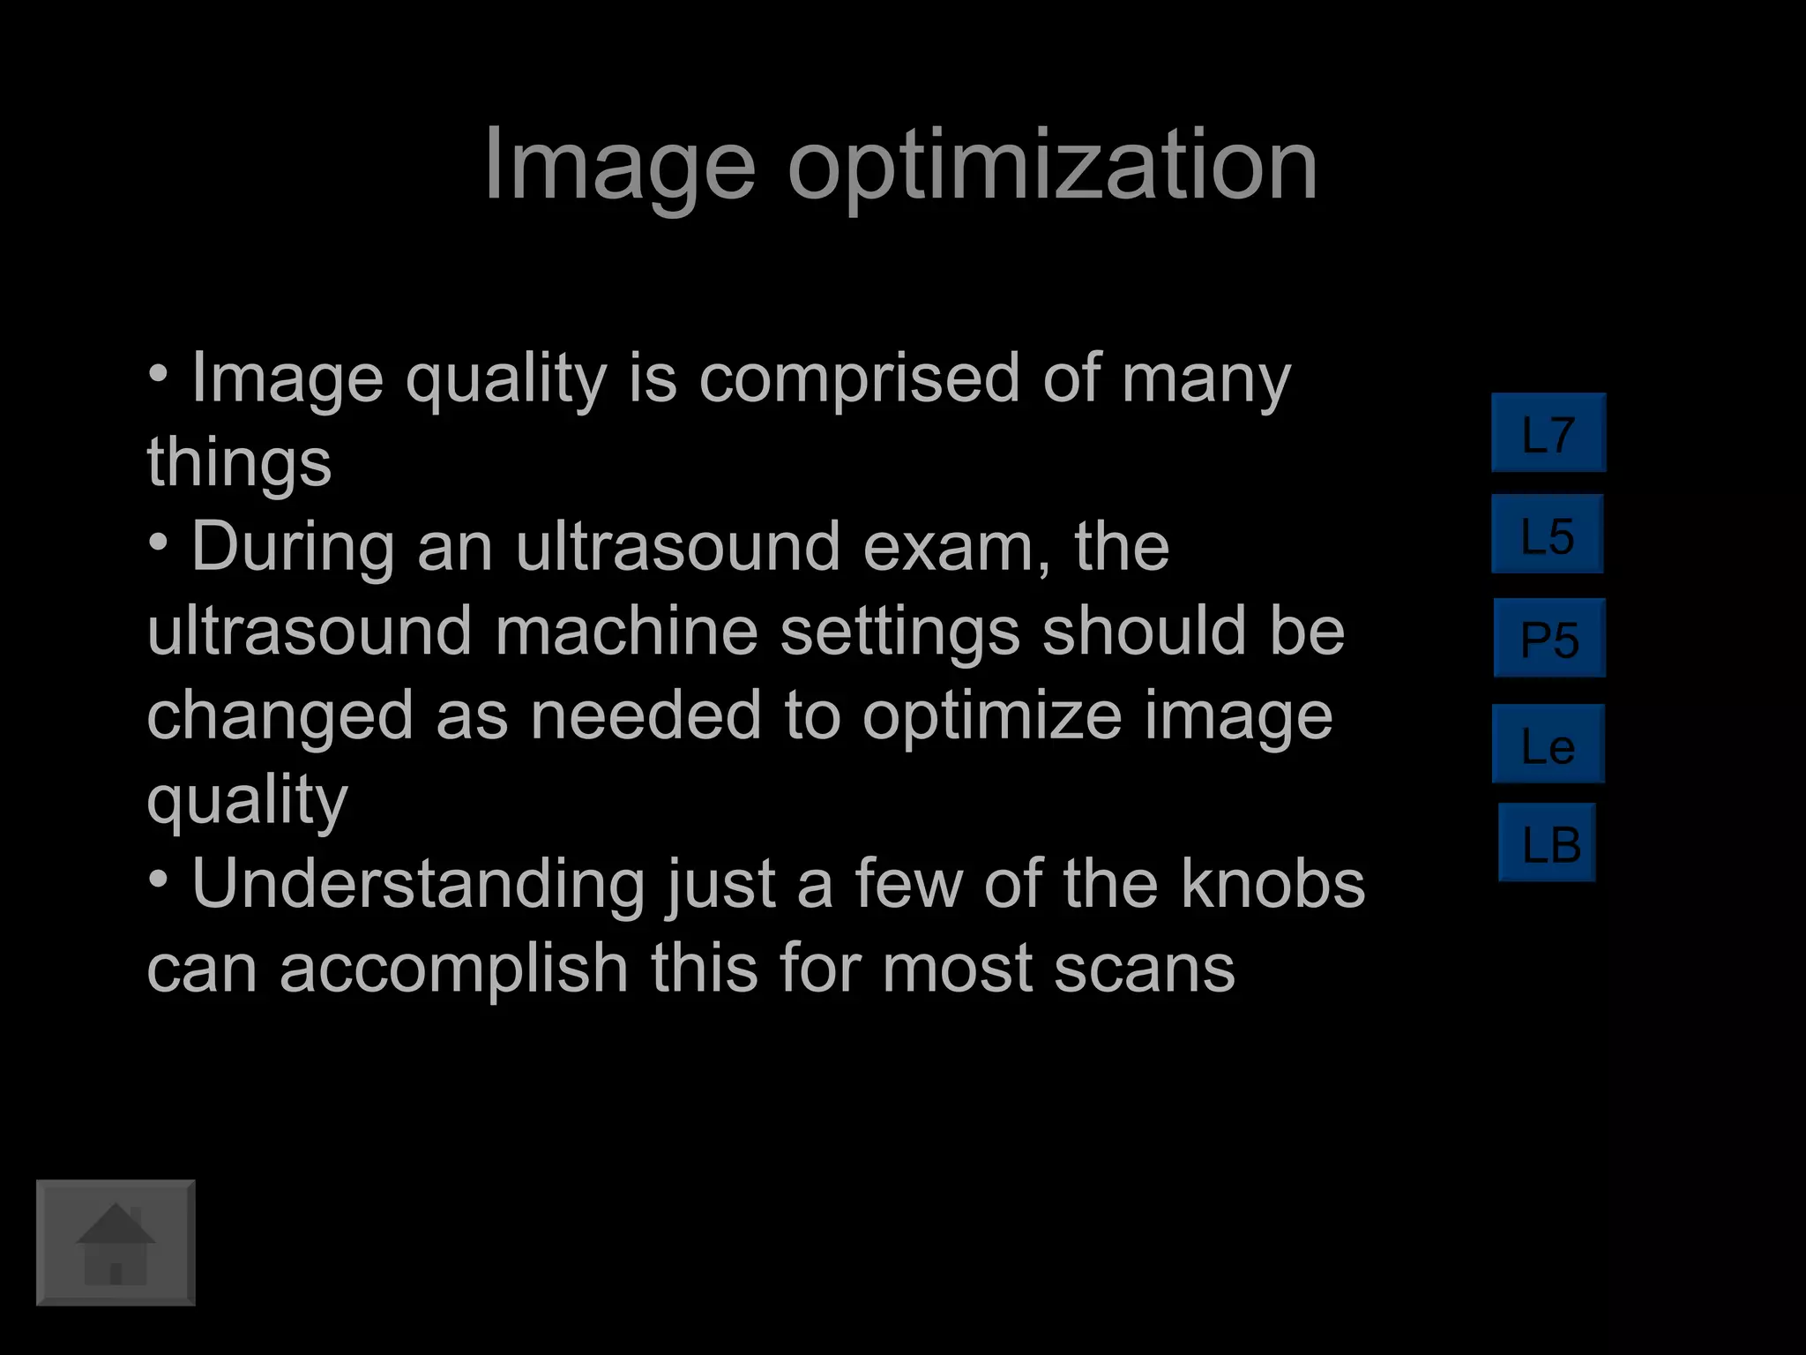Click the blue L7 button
click(1549, 433)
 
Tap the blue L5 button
click(1548, 535)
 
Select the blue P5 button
click(1549, 638)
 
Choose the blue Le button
click(1549, 744)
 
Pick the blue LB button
click(1548, 842)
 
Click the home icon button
click(116, 1242)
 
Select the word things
click(239, 462)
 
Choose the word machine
click(626, 631)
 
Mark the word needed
click(646, 715)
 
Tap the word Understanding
click(418, 884)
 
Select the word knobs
click(1272, 884)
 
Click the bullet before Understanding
click(158, 880)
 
